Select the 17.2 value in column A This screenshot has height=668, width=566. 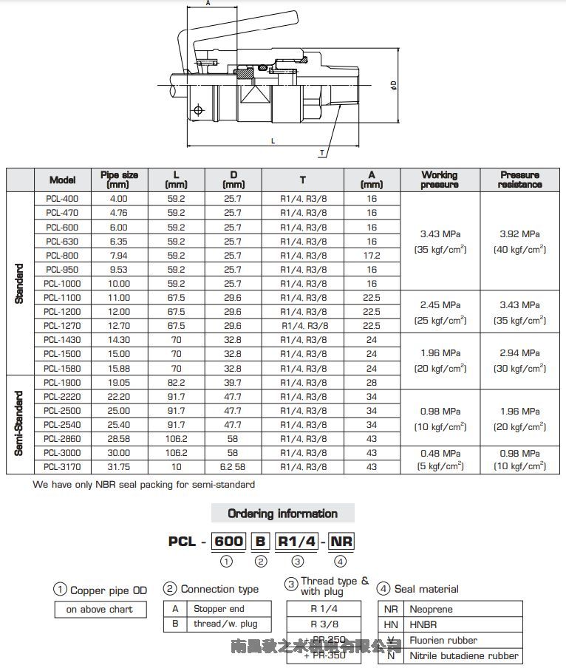tap(372, 255)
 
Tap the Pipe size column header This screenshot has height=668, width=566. tap(118, 180)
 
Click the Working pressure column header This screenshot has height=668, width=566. tap(440, 180)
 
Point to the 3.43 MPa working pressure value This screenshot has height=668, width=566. tap(440, 234)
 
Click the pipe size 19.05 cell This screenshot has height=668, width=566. tap(118, 383)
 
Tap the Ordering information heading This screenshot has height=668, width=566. tap(282, 514)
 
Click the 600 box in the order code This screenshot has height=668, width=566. tap(228, 541)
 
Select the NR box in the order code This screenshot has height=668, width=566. tap(341, 541)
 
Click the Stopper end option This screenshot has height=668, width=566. tap(219, 609)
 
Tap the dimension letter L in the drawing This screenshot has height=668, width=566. tap(273, 140)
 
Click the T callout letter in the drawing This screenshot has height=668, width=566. tap(322, 152)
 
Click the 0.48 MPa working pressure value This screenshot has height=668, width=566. tap(440, 453)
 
